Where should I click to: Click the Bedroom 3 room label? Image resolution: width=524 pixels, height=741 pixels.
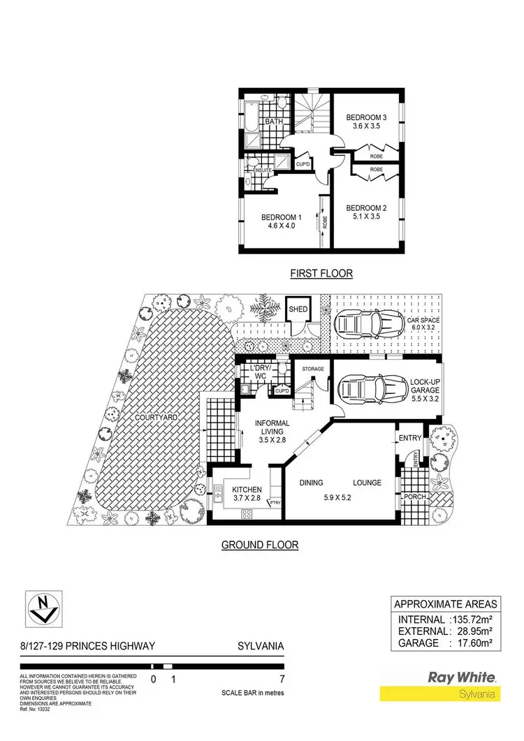pos(367,117)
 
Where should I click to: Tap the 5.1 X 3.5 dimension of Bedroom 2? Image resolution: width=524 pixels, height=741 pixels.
pos(367,218)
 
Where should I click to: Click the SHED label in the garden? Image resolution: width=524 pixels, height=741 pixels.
pos(298,309)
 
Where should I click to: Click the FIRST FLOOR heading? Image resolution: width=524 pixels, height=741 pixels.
pos(321,274)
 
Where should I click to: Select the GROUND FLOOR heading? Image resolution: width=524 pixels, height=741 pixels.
pos(260,545)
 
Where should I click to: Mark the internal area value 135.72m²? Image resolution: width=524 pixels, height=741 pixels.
pos(472,619)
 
